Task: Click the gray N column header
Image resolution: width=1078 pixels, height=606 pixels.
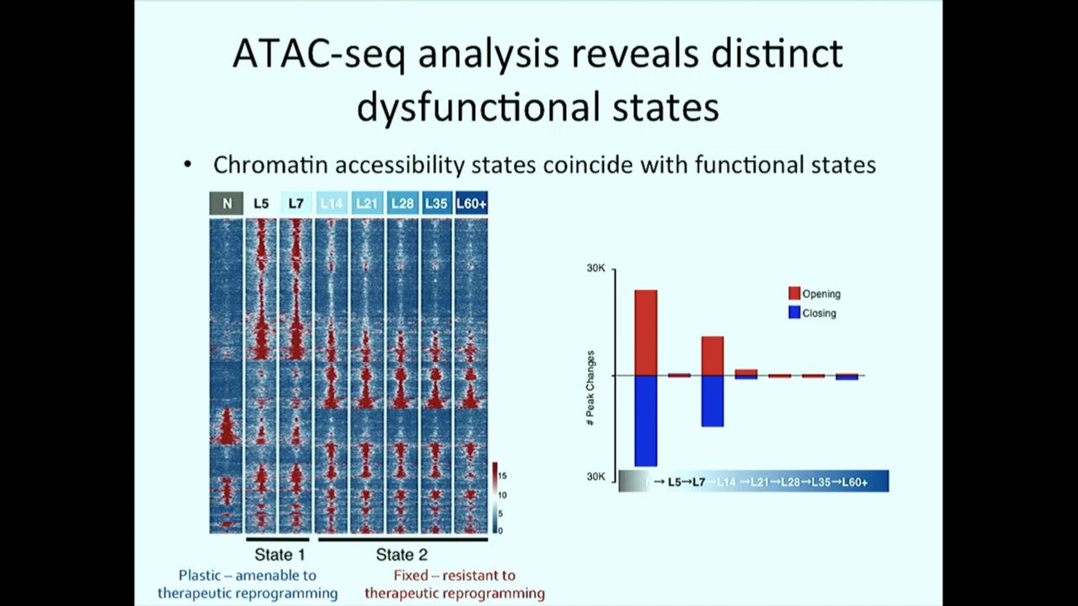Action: point(227,204)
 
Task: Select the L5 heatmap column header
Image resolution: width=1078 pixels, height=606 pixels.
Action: point(261,204)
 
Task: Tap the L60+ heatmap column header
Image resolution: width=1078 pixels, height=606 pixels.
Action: point(471,204)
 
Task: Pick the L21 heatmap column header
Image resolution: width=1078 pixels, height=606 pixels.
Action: point(366,204)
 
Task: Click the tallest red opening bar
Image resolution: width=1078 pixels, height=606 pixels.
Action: point(645,332)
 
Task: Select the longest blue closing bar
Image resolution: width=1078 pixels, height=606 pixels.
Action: point(645,420)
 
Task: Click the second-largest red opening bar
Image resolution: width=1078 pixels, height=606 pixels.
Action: point(712,355)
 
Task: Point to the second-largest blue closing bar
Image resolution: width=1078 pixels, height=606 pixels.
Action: point(712,401)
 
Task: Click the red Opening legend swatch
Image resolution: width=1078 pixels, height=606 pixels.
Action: point(794,294)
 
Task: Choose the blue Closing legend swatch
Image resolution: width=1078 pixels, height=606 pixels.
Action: point(794,312)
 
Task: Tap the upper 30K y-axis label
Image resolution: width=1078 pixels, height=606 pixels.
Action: point(596,268)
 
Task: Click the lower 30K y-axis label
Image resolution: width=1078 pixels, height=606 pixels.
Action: point(596,476)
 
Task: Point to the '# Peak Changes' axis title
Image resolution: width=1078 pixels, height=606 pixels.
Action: point(590,387)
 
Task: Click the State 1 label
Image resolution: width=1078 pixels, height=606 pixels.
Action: point(280,555)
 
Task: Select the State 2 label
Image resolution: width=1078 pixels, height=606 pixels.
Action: point(401,555)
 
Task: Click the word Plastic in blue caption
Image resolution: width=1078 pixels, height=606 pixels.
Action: point(203,576)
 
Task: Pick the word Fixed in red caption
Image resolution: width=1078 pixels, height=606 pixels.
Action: point(411,576)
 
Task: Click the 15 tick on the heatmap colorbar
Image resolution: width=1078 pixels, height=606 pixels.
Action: point(502,476)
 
